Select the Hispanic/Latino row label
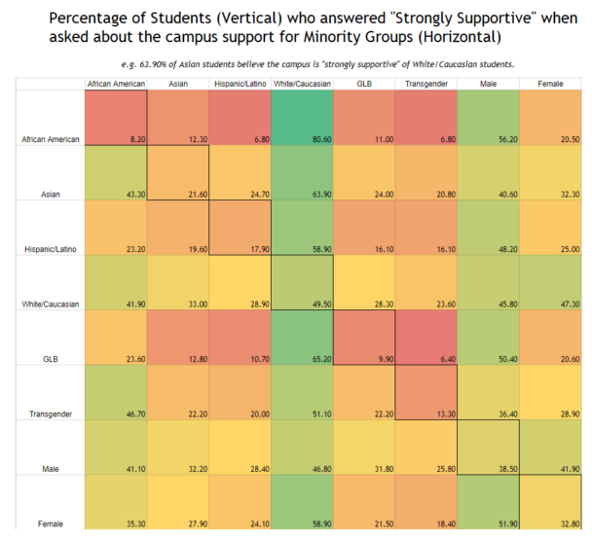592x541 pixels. coord(52,249)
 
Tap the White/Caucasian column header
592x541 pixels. coord(302,84)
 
